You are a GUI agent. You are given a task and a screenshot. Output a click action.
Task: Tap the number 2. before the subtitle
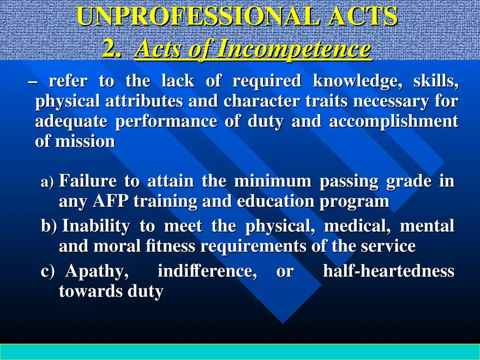point(112,50)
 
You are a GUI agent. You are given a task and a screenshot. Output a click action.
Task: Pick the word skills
point(436,82)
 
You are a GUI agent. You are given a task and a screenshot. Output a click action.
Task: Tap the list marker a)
point(47,182)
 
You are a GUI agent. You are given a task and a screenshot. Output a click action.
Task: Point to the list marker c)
point(48,272)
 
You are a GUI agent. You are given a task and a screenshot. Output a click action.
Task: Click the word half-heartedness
point(389,271)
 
